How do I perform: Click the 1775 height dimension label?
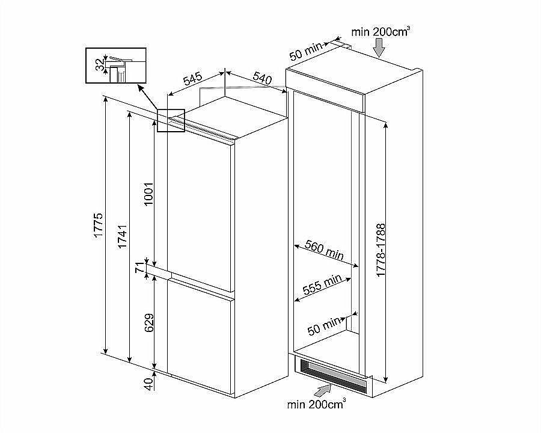99,225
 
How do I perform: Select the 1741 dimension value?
123,237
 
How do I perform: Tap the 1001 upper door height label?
148,194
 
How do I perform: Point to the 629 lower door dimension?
148,323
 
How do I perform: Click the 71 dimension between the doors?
139,267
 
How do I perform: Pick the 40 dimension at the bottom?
148,384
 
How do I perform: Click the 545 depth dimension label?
192,79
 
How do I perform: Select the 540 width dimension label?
263,78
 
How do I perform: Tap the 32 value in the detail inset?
99,64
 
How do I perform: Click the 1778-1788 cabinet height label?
381,250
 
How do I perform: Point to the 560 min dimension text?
325,250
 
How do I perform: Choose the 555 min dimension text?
322,284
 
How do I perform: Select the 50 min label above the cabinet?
305,51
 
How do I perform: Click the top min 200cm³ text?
381,32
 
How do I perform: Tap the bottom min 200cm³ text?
316,404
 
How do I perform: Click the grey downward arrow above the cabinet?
379,48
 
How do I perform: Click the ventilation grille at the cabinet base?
332,375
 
